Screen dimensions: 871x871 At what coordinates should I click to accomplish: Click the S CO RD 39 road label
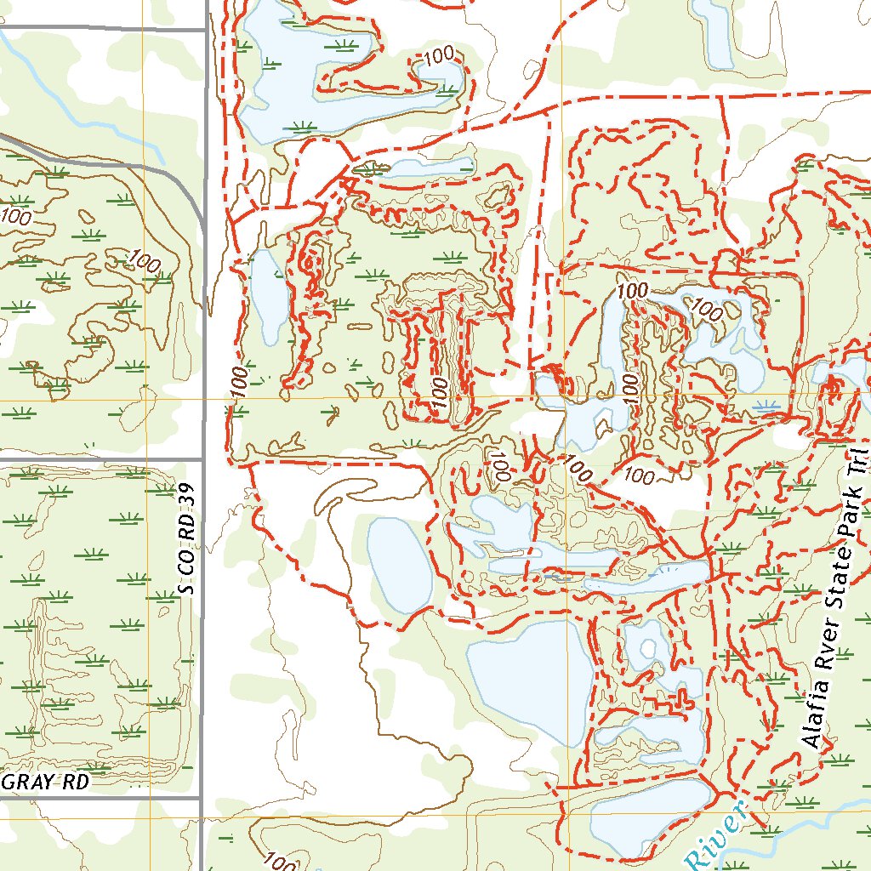(x=189, y=539)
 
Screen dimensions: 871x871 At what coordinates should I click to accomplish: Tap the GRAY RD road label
(x=48, y=782)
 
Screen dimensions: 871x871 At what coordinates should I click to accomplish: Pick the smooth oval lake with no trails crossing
(x=400, y=565)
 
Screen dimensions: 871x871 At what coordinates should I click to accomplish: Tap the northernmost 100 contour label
(x=438, y=58)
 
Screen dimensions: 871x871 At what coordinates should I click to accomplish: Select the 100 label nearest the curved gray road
(x=141, y=259)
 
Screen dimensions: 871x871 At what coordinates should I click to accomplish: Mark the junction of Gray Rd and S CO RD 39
(x=202, y=798)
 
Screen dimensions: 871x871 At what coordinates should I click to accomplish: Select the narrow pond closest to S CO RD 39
(x=269, y=298)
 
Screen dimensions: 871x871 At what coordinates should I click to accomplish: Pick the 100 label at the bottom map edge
(x=281, y=862)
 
